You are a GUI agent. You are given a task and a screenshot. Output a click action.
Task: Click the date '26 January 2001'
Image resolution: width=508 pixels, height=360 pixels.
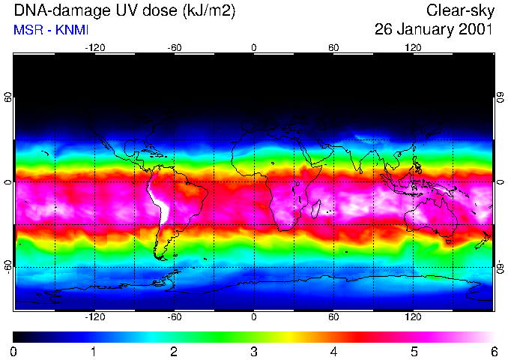[434, 30]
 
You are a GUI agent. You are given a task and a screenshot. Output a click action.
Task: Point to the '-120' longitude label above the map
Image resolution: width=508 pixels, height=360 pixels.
[94, 47]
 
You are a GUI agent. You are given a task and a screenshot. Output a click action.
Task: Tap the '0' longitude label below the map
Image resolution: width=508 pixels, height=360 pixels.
[253, 317]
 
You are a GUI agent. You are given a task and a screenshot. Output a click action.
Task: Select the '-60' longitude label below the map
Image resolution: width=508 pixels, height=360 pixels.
[174, 317]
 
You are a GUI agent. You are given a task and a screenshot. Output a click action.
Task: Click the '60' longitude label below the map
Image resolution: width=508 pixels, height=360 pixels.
[333, 317]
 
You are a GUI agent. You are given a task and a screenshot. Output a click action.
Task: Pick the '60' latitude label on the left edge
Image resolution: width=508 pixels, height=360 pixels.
[7, 98]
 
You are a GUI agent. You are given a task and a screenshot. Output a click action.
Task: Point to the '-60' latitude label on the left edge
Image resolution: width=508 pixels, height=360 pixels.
[7, 267]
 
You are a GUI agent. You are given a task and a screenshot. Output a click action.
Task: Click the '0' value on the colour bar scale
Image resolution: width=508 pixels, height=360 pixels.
[14, 351]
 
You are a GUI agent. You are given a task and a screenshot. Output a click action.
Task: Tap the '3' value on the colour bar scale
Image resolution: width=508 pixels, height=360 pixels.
[253, 351]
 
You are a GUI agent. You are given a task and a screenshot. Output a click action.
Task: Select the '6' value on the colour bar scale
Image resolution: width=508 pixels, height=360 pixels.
[493, 351]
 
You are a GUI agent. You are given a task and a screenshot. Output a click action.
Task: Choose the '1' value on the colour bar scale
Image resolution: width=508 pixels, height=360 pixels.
[94, 351]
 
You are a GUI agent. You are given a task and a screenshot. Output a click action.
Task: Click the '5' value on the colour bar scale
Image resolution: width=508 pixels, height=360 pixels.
[413, 351]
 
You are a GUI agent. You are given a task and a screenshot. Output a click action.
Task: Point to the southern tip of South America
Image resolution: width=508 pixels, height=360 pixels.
[160, 258]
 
